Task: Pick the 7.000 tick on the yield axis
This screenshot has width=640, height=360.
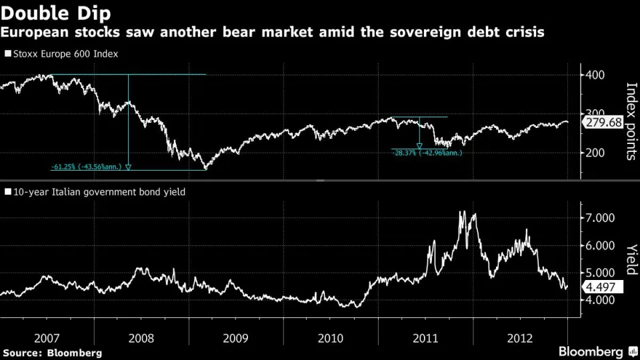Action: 599,218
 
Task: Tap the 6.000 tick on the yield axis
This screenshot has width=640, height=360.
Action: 599,245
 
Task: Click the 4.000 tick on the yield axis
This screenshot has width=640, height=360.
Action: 599,300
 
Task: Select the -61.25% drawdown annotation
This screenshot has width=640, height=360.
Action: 87,167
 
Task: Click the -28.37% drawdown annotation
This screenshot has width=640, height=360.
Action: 427,153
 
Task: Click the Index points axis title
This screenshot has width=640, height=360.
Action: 631,121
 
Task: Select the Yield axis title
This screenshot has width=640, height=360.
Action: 631,259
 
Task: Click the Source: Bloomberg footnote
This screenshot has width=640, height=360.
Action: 52,352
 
